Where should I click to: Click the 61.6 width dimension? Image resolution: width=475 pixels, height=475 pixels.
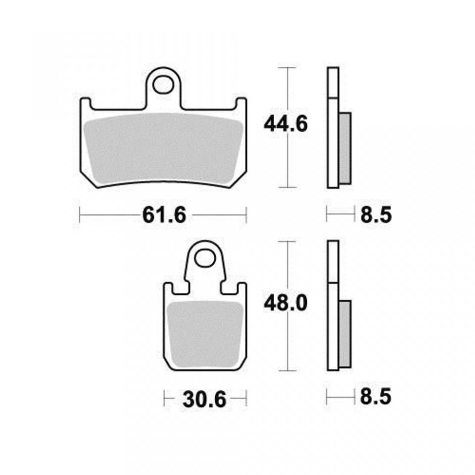coord(163,215)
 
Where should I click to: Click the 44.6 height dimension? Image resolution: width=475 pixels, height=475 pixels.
coord(285,124)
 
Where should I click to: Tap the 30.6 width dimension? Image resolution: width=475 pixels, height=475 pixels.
coord(204,398)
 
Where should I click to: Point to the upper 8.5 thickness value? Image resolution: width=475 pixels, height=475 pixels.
coord(376,215)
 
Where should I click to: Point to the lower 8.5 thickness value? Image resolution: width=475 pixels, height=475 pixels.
coord(376,397)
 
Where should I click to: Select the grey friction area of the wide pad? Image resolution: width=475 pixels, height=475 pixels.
coord(163,148)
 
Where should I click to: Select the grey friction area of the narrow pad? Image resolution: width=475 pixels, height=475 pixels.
coord(205,332)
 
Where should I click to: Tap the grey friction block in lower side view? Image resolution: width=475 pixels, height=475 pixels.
coord(344,333)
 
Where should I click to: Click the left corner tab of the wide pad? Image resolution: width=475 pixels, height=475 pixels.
coord(85,103)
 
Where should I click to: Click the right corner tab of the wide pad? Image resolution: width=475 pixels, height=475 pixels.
coord(241,103)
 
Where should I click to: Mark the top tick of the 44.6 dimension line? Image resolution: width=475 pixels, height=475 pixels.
coord(287,67)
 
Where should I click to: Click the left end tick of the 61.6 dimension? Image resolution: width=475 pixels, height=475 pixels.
coord(80,215)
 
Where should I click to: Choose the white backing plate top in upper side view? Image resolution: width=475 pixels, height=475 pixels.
coord(333,82)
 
